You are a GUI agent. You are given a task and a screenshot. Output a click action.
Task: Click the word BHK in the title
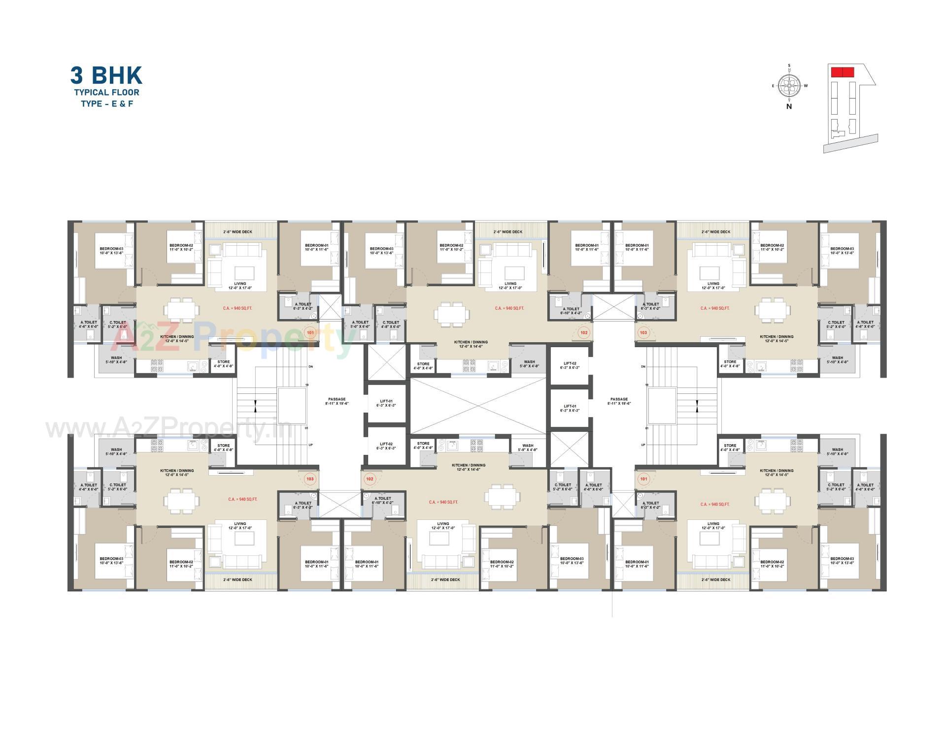pyautogui.click(x=117, y=75)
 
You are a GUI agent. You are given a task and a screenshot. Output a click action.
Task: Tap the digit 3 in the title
pyautogui.click(x=77, y=75)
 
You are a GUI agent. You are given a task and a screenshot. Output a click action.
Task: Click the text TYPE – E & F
pyautogui.click(x=107, y=104)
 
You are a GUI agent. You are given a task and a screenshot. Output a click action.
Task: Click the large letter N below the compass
pyautogui.click(x=789, y=106)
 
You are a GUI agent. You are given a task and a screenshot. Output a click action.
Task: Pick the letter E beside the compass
pyautogui.click(x=773, y=86)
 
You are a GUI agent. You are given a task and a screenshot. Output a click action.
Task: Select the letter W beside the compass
pyautogui.click(x=806, y=86)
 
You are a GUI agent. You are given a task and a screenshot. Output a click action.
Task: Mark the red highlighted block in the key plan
pyautogui.click(x=842, y=72)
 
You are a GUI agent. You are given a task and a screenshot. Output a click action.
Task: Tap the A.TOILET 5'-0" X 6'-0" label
pyautogui.click(x=360, y=324)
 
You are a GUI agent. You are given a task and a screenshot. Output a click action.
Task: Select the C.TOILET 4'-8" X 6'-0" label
pyautogui.click(x=390, y=324)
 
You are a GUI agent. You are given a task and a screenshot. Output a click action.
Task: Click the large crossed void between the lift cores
pyautogui.click(x=478, y=406)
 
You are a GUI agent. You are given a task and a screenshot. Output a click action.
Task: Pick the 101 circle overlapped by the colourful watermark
pyautogui.click(x=310, y=333)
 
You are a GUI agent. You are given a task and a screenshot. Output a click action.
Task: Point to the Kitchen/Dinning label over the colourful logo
pyautogui.click(x=176, y=339)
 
